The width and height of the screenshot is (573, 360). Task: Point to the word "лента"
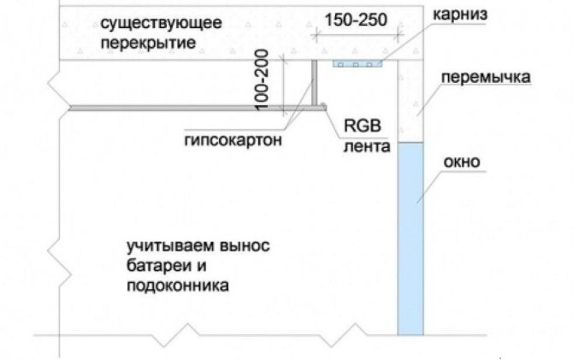pos(367,146)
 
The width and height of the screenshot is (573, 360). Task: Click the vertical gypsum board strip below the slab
pos(314,83)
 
